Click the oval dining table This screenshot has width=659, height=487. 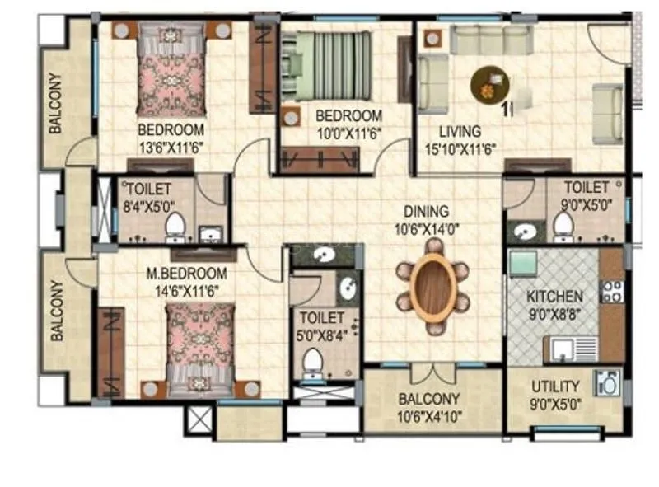432,288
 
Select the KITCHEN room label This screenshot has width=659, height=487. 555,296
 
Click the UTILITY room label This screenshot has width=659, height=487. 554,386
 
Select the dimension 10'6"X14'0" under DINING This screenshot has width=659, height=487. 432,228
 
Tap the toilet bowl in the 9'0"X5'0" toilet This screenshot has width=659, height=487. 563,224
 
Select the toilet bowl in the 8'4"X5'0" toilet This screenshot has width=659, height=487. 175,226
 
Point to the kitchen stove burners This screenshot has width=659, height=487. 612,290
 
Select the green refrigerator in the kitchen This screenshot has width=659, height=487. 523,264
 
